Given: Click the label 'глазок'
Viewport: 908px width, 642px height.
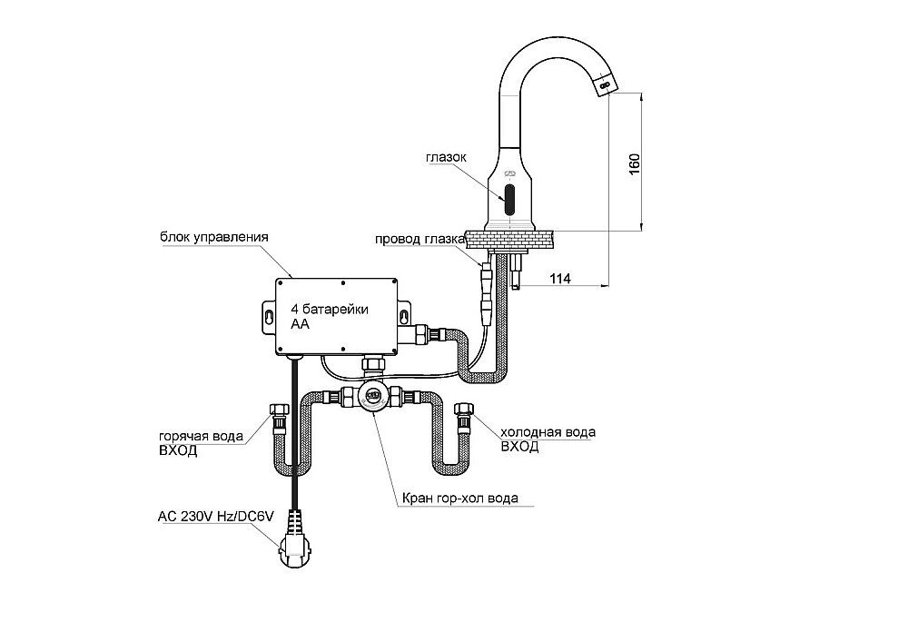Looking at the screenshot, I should pyautogui.click(x=446, y=157).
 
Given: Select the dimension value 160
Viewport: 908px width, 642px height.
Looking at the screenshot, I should pyautogui.click(x=635, y=162).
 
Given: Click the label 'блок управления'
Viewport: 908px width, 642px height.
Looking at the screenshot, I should pyautogui.click(x=215, y=237).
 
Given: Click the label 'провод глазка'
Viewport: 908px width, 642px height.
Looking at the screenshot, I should pyautogui.click(x=420, y=240).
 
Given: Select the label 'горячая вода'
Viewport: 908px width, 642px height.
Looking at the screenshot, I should pyautogui.click(x=201, y=436).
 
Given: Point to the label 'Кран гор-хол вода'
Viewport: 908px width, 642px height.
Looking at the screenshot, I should pyautogui.click(x=461, y=498).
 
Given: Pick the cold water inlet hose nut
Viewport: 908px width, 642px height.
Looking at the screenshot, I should pyautogui.click(x=463, y=415).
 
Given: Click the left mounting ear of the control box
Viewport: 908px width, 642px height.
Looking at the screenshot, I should pyautogui.click(x=271, y=314).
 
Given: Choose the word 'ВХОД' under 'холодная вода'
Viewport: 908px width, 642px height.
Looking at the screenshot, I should pyautogui.click(x=519, y=447).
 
